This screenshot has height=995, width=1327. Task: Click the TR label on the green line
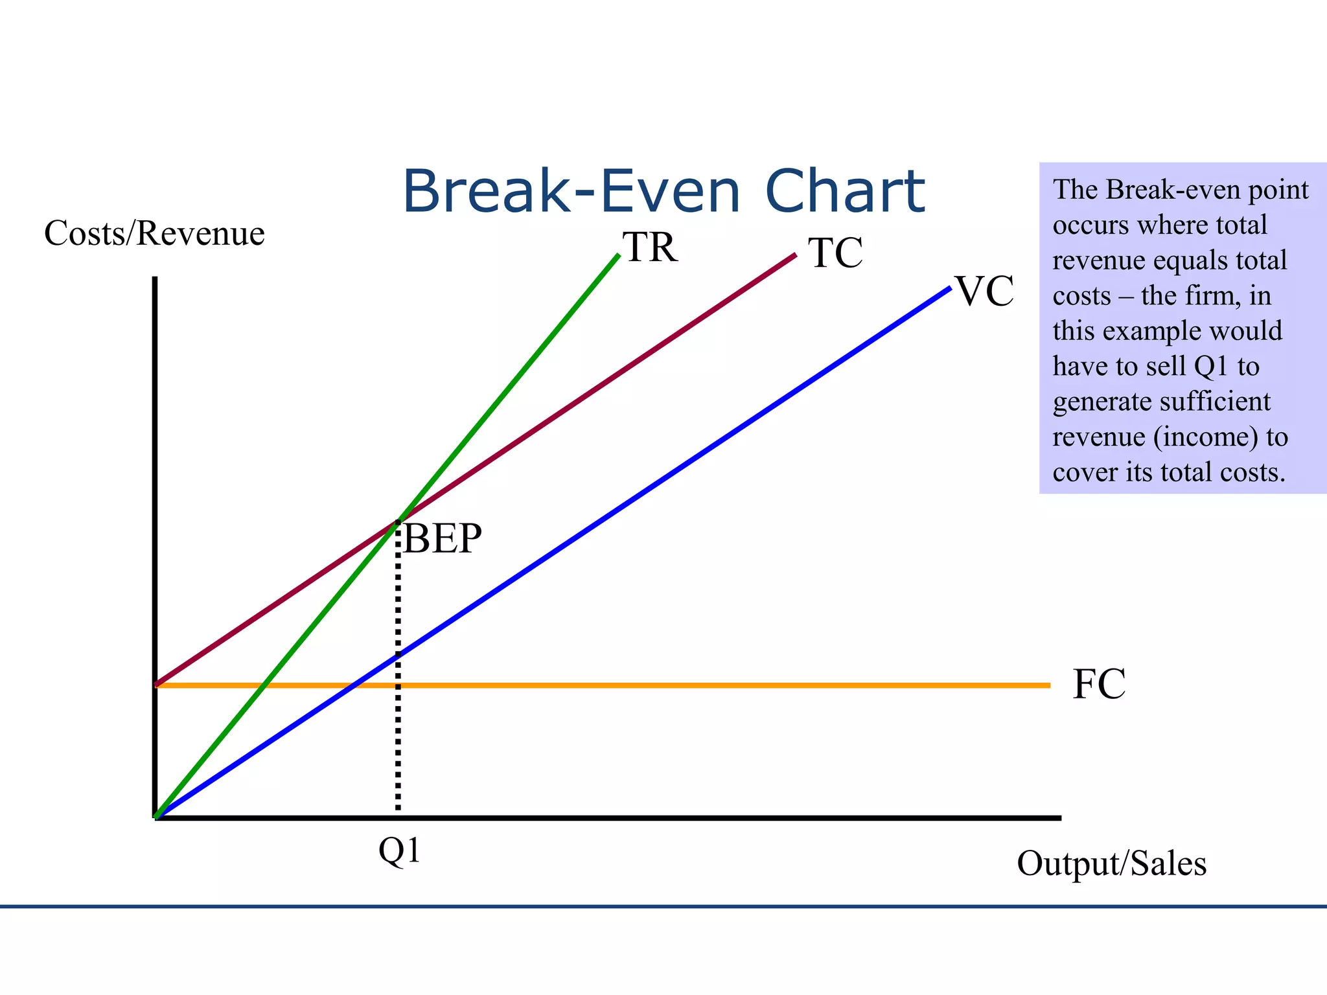coord(650,247)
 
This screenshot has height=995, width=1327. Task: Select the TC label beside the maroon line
coord(835,253)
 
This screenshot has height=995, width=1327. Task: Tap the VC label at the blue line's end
coord(984,292)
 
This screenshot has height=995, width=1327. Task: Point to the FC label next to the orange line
coord(1099,685)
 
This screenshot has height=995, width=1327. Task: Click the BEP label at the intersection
coord(443,538)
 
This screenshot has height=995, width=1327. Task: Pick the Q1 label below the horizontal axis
coord(400,851)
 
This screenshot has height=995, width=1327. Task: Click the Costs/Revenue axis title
coord(154,233)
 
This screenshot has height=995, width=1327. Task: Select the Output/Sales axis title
coord(1111,864)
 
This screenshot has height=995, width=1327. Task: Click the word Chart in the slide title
coord(845,192)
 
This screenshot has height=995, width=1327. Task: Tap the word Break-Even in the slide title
coord(571,192)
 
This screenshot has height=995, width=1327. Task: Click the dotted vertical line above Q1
coord(398,732)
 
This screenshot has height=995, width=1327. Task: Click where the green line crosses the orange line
coord(262,685)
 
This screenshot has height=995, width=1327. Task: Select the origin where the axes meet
coord(156,818)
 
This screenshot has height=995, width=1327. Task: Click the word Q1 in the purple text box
coord(1211,367)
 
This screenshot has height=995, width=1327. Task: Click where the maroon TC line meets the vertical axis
coord(156,683)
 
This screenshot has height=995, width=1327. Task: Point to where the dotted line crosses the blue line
coord(398,655)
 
